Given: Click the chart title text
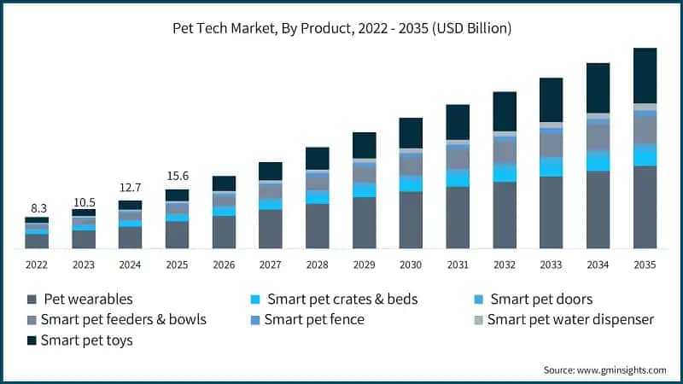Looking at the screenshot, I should point(341,28).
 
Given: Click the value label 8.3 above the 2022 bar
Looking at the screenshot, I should point(37,207).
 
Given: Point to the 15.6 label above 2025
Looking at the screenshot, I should point(177,177).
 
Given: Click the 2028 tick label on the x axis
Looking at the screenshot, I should point(318,265).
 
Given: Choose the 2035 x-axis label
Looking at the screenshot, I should point(645,265).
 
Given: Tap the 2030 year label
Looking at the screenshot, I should point(411,265).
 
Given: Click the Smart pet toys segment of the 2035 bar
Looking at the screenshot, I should point(645,75).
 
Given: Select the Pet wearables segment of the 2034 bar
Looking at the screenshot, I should point(598,210).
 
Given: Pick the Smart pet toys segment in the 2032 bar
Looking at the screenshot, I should point(505,111).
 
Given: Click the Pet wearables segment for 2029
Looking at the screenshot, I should point(365,223).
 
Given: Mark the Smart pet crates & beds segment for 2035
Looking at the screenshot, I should point(645,154).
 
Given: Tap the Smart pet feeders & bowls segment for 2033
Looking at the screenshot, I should point(552,145).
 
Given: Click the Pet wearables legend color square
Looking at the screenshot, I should point(32,300).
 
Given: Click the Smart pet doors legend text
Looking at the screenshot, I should point(540,300).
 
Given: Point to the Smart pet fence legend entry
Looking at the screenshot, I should point(314,320).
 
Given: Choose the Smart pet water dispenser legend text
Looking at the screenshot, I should point(570,320).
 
